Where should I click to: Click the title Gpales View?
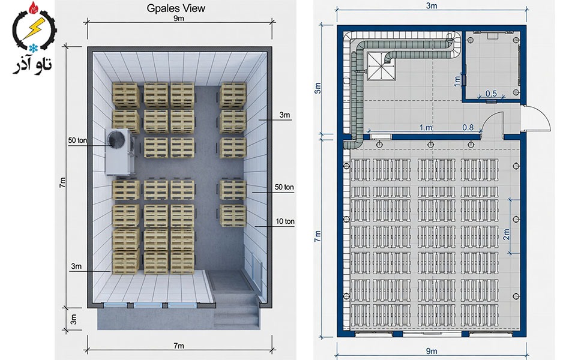[x=176, y=8]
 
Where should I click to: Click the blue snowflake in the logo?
[x=34, y=48]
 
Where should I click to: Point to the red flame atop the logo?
[x=34, y=7]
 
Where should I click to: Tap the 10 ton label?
[x=285, y=221]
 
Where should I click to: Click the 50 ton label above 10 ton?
[x=284, y=187]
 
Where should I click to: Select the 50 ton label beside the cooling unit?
[x=77, y=140]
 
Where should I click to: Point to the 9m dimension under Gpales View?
[x=179, y=18]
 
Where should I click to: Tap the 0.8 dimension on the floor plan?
[x=468, y=127]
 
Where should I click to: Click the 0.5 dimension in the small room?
[x=491, y=94]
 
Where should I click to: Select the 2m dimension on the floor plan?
[x=507, y=234]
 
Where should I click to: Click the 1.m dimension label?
[x=426, y=127]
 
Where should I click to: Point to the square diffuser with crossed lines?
[x=381, y=66]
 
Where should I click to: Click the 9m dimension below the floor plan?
[x=432, y=350]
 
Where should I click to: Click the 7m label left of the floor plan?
[x=318, y=236]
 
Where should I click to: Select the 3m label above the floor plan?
[x=432, y=5]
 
